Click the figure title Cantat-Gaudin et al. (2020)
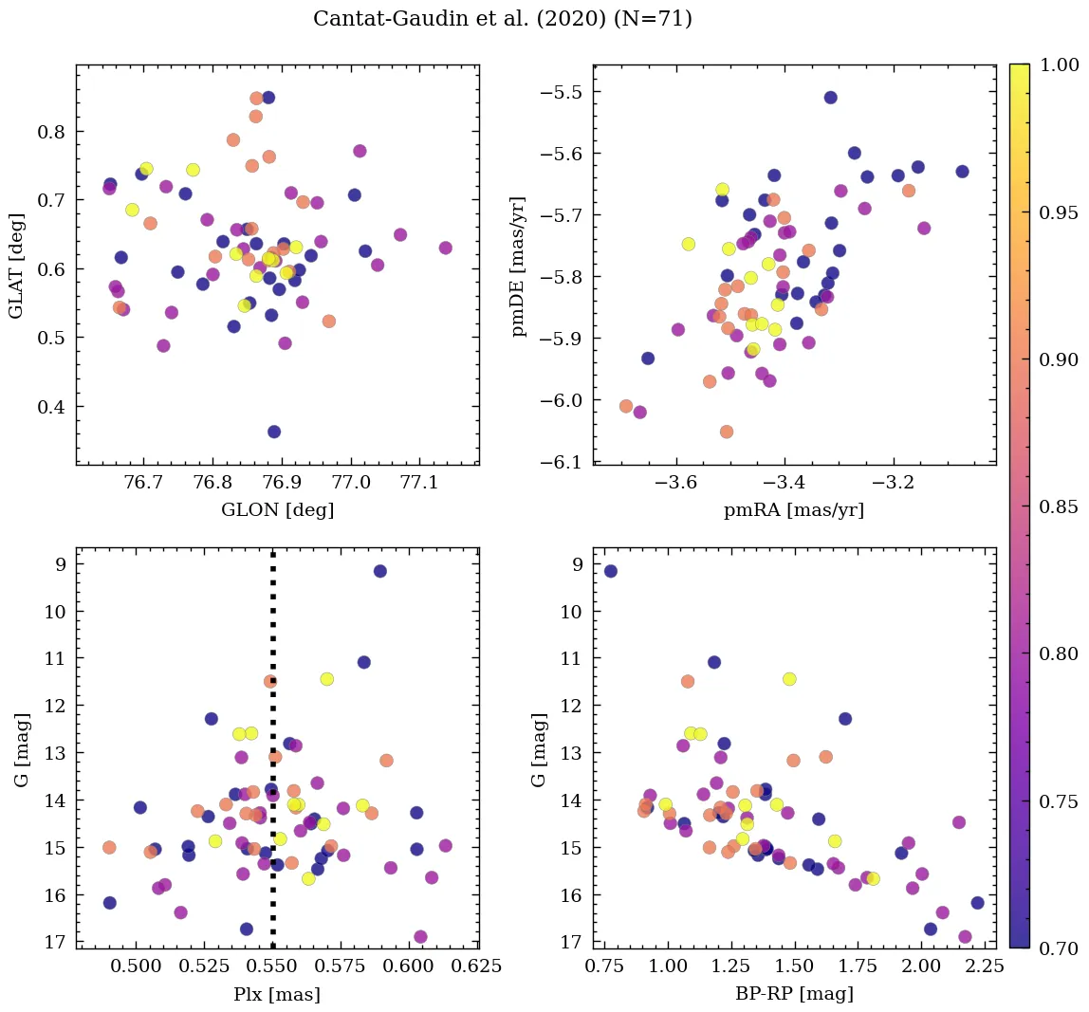pos(503,19)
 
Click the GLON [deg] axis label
pos(277,510)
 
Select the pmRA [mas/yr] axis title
pos(794,510)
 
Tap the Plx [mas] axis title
pos(277,995)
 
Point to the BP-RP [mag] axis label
pos(794,995)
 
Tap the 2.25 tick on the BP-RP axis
pos(971,967)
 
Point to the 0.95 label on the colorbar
pos(1059,212)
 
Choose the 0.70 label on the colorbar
pos(1059,948)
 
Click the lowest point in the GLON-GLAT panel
pos(274,432)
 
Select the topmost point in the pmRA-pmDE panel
pos(831,98)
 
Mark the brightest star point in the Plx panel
pos(380,571)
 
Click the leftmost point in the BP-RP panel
pos(611,571)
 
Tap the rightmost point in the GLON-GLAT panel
pos(446,248)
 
